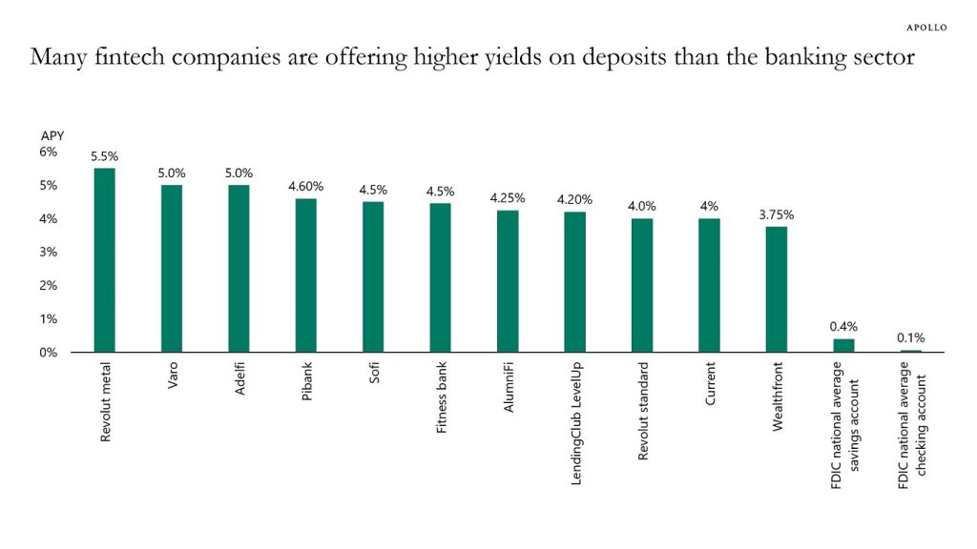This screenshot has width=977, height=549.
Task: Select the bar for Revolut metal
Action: tap(104, 259)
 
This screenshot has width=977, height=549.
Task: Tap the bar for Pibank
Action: tap(305, 274)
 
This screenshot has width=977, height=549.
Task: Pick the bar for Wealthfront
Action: tap(776, 289)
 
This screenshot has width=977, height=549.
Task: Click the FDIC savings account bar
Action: tap(843, 345)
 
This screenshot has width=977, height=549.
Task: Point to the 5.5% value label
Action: tap(104, 155)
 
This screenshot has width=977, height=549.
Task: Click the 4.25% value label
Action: tap(508, 197)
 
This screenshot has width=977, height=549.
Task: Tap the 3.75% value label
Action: tap(776, 214)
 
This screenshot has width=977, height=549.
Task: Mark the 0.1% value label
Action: tap(910, 337)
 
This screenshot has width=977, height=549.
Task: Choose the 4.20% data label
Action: tap(574, 199)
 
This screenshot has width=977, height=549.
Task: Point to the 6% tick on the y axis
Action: tap(49, 152)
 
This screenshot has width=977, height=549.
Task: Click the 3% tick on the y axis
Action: tap(49, 252)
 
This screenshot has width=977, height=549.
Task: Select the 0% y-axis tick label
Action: tap(49, 353)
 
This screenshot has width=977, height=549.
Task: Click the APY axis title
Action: tap(52, 136)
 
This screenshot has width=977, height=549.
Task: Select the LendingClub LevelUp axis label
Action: tap(575, 423)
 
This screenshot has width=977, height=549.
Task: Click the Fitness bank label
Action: tap(441, 397)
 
